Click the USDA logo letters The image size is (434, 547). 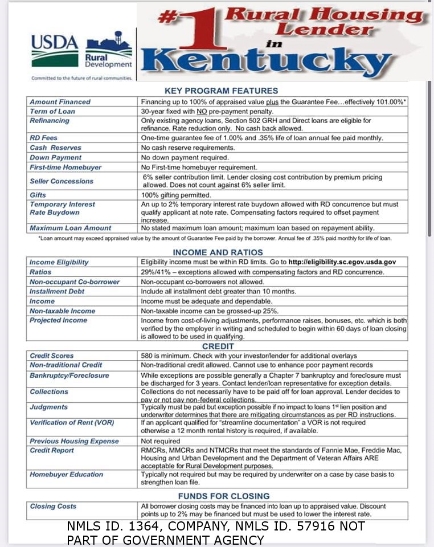click(x=55, y=42)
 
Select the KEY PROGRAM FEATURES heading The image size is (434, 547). click(x=221, y=91)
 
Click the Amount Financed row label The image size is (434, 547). click(x=60, y=102)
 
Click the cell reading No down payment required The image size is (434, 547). click(x=185, y=157)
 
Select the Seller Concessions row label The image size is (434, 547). click(x=61, y=181)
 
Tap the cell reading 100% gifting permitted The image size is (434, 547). click(x=176, y=195)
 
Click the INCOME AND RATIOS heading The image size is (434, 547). click(x=218, y=252)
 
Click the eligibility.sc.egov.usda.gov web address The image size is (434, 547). click(x=342, y=262)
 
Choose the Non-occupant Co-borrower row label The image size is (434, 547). click(x=74, y=282)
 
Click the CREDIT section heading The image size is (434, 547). click(x=218, y=346)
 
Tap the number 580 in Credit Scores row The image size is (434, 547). click(x=148, y=356)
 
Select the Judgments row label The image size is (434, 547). click(x=48, y=407)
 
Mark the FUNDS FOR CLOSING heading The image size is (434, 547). click(x=223, y=496)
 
